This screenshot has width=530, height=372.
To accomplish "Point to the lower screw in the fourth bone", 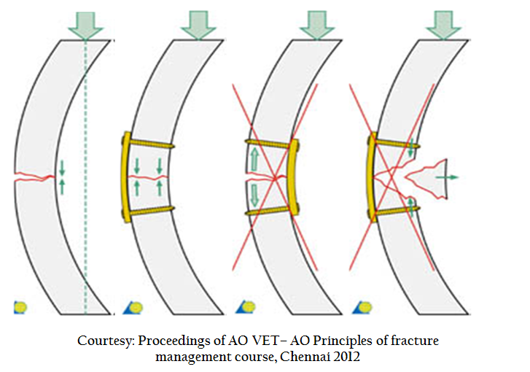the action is [395, 211].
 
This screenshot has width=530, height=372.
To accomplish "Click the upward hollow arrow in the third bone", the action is [254, 159].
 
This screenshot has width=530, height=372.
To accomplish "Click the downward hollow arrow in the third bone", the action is [254, 195].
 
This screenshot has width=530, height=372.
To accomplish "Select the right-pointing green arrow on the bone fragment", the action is [447, 177].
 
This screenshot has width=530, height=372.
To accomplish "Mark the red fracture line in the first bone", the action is [34, 177].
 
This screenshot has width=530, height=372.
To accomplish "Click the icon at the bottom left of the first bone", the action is [20, 307].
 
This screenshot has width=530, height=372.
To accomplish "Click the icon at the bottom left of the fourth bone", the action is [362, 307].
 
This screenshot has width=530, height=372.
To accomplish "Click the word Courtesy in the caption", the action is [107, 341].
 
